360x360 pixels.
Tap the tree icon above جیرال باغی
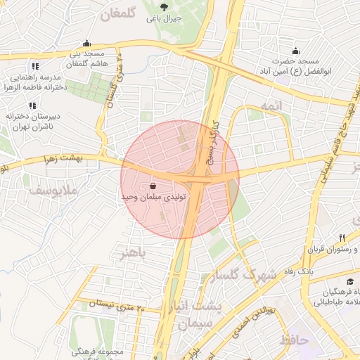[x=163, y=7]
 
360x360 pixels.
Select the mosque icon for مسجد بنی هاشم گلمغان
[x=86, y=43]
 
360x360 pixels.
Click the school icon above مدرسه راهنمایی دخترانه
[x=32, y=66]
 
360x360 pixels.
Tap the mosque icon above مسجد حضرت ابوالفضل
[x=295, y=51]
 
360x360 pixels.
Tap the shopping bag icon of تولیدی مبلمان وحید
[x=153, y=186]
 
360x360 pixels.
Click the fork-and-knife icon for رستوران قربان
[x=342, y=238]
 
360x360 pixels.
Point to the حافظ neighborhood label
[x=293, y=340]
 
